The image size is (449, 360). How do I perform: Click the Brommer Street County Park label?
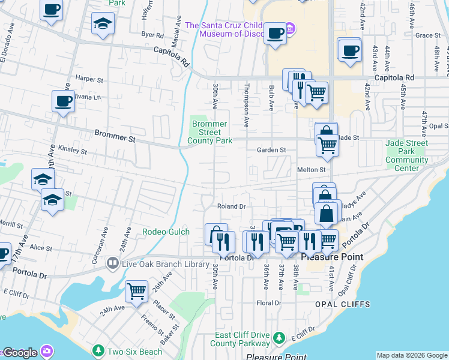[x=209, y=132]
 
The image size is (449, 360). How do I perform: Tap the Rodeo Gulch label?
[x=166, y=232]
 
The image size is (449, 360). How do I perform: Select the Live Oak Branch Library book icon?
[x=112, y=263]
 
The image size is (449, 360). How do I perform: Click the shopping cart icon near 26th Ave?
[x=136, y=291]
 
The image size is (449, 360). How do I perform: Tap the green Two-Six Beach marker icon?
[x=98, y=349]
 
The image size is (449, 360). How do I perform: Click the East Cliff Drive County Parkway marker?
[x=279, y=339]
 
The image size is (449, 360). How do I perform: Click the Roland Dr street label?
[x=232, y=206]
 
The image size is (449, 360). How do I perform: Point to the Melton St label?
[x=311, y=170]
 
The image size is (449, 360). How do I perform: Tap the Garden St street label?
[x=271, y=150]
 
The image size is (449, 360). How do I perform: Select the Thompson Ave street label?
[x=246, y=105]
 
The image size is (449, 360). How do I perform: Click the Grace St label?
[x=427, y=35]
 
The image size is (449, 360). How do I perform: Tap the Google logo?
[x=20, y=353]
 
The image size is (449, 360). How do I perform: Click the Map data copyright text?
[x=412, y=355]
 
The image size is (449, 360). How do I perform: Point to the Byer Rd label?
[x=148, y=35]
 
